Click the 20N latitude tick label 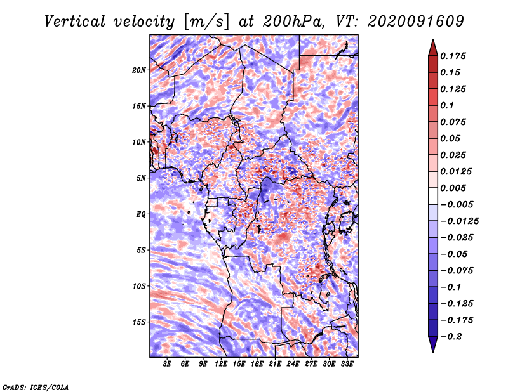point(139,70)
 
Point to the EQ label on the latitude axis point(140,214)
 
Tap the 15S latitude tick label point(139,322)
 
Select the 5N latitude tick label point(141,178)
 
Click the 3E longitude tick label point(167,364)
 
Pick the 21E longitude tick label point(275,364)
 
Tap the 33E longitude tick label point(347,364)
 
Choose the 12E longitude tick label point(221,364)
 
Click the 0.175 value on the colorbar point(453,56)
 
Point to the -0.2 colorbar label point(451,337)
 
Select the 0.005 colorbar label point(453,188)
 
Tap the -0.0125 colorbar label point(459,221)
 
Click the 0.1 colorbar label point(447,105)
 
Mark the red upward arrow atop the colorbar point(433,48)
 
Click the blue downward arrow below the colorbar point(433,344)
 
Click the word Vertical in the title point(74,22)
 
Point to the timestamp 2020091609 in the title point(416,22)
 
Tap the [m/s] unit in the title point(206,22)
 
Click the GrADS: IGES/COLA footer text point(36,387)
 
